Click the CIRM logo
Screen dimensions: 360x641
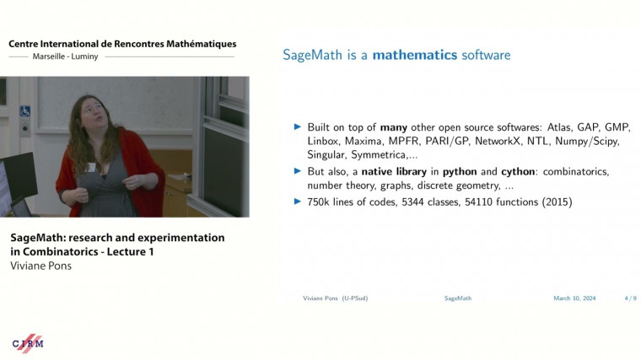point(27,342)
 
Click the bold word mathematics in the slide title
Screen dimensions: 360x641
point(414,55)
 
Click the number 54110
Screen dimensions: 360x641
point(482,201)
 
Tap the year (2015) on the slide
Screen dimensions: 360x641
point(557,201)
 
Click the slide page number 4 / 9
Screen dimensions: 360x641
point(630,298)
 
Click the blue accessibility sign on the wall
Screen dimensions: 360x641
point(25,111)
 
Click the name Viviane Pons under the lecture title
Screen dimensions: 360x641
point(40,266)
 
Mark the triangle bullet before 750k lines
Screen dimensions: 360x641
point(297,201)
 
